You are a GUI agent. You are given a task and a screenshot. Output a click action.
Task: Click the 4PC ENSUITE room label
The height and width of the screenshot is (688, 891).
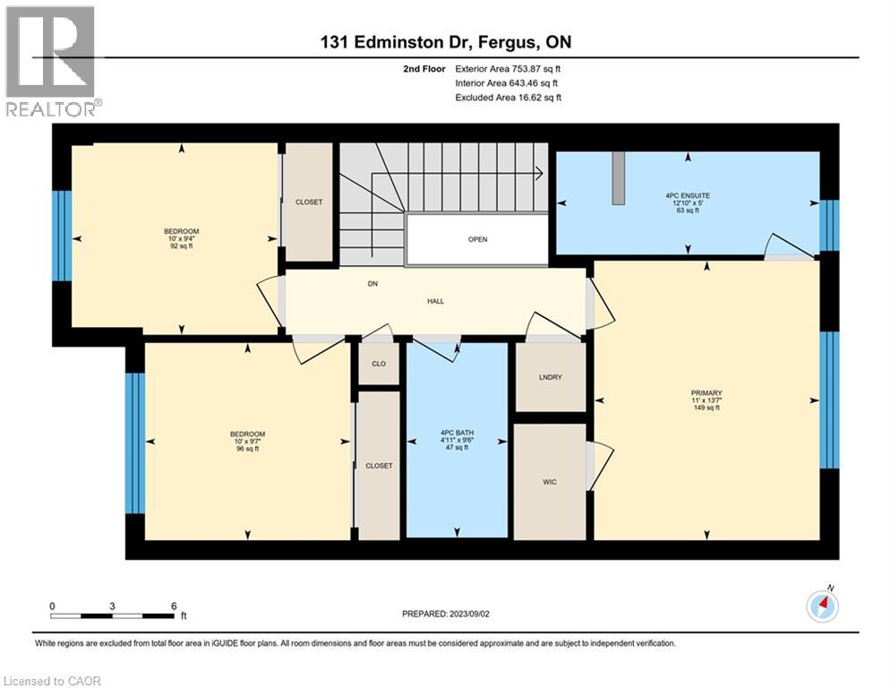pyautogui.click(x=688, y=195)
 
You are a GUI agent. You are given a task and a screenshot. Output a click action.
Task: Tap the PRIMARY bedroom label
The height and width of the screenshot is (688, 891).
pyautogui.click(x=707, y=393)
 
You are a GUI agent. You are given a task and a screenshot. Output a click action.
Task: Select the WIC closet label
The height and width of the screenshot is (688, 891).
pyautogui.click(x=550, y=482)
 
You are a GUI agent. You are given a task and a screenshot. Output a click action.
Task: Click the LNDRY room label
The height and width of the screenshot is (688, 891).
pyautogui.click(x=550, y=377)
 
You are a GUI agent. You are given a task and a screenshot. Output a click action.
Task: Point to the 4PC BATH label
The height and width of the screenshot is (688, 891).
pyautogui.click(x=457, y=433)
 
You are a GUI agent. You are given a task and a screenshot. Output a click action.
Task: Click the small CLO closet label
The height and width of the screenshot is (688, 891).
pyautogui.click(x=379, y=364)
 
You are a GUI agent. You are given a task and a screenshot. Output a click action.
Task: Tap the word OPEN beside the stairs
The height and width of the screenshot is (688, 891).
pyautogui.click(x=477, y=239)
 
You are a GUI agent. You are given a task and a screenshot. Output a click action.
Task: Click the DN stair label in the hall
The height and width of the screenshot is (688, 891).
pyautogui.click(x=373, y=284)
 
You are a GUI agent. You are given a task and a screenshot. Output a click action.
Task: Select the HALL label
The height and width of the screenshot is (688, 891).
pyautogui.click(x=436, y=301)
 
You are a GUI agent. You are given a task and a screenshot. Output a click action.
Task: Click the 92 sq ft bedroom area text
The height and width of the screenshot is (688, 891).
pyautogui.click(x=181, y=246)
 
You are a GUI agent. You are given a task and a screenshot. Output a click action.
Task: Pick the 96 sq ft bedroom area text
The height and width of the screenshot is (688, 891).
pyautogui.click(x=247, y=449)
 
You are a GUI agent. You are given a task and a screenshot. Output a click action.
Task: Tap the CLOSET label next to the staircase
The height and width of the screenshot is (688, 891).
pyautogui.click(x=309, y=202)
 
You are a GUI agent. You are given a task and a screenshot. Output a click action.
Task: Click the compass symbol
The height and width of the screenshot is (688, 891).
pyautogui.click(x=822, y=606)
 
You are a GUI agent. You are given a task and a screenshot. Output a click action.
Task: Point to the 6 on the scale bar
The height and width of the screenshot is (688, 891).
pyautogui.click(x=174, y=606)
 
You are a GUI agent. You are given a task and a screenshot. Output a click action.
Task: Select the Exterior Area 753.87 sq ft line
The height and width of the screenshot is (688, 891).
pyautogui.click(x=508, y=69)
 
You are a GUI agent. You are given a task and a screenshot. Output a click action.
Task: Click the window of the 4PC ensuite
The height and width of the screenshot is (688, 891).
pyautogui.click(x=829, y=225)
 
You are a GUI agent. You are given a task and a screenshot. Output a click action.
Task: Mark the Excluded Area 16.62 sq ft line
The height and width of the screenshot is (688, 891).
pyautogui.click(x=508, y=98)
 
